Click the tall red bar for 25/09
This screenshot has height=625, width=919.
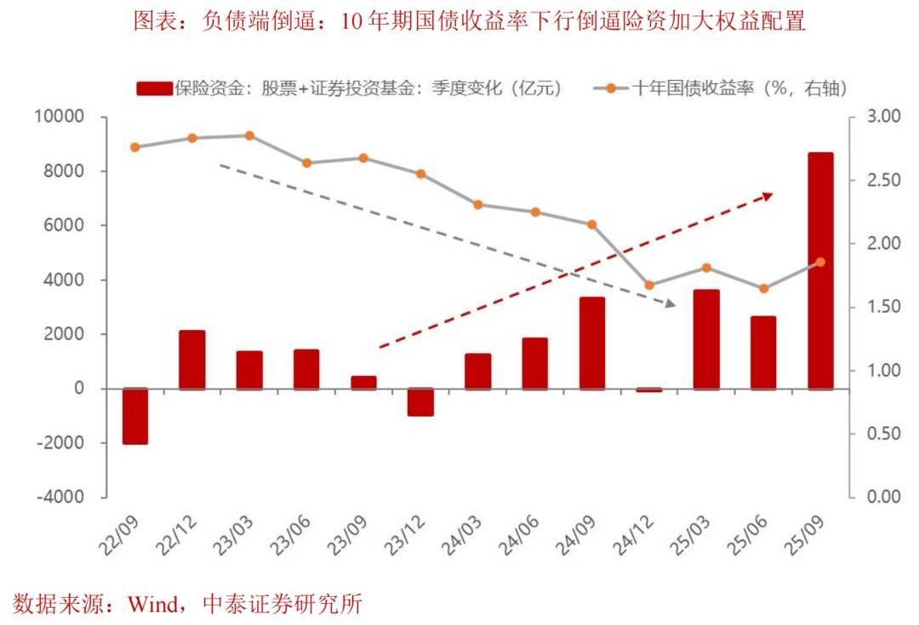820,270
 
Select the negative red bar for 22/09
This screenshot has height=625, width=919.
135,416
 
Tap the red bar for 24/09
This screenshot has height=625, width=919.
592,343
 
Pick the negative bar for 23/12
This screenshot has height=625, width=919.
420,402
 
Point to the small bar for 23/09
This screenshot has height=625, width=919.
363,383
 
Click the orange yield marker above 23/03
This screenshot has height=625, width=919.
249,135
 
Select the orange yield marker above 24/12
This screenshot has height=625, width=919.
649,285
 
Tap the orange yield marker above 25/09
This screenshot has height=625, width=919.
820,262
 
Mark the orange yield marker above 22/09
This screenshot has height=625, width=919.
135,147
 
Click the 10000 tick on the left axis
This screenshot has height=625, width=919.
60,116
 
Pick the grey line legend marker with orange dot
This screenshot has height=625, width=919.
610,88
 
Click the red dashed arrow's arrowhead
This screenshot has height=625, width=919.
767,196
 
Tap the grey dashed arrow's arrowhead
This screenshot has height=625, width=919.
670,303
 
